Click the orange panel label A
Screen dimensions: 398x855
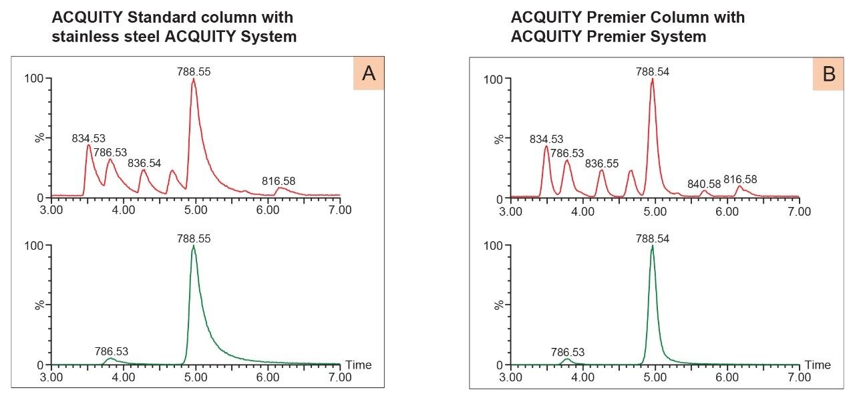(x=368, y=74)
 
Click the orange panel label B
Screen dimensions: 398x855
(x=829, y=74)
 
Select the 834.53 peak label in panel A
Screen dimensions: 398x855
(x=89, y=138)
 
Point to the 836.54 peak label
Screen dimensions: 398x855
(x=144, y=162)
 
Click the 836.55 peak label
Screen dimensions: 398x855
(x=602, y=163)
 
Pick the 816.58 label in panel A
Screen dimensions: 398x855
(x=279, y=180)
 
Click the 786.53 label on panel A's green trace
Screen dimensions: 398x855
(x=112, y=351)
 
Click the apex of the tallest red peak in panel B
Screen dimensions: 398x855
(x=652, y=79)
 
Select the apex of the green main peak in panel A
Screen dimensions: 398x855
(x=194, y=246)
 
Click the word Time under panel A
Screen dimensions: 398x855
(x=358, y=365)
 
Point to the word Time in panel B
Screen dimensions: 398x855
(x=818, y=365)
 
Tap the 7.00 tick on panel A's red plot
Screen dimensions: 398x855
(x=340, y=210)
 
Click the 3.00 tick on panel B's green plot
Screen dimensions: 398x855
(x=511, y=377)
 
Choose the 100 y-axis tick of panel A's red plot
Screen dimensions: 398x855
(x=33, y=78)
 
